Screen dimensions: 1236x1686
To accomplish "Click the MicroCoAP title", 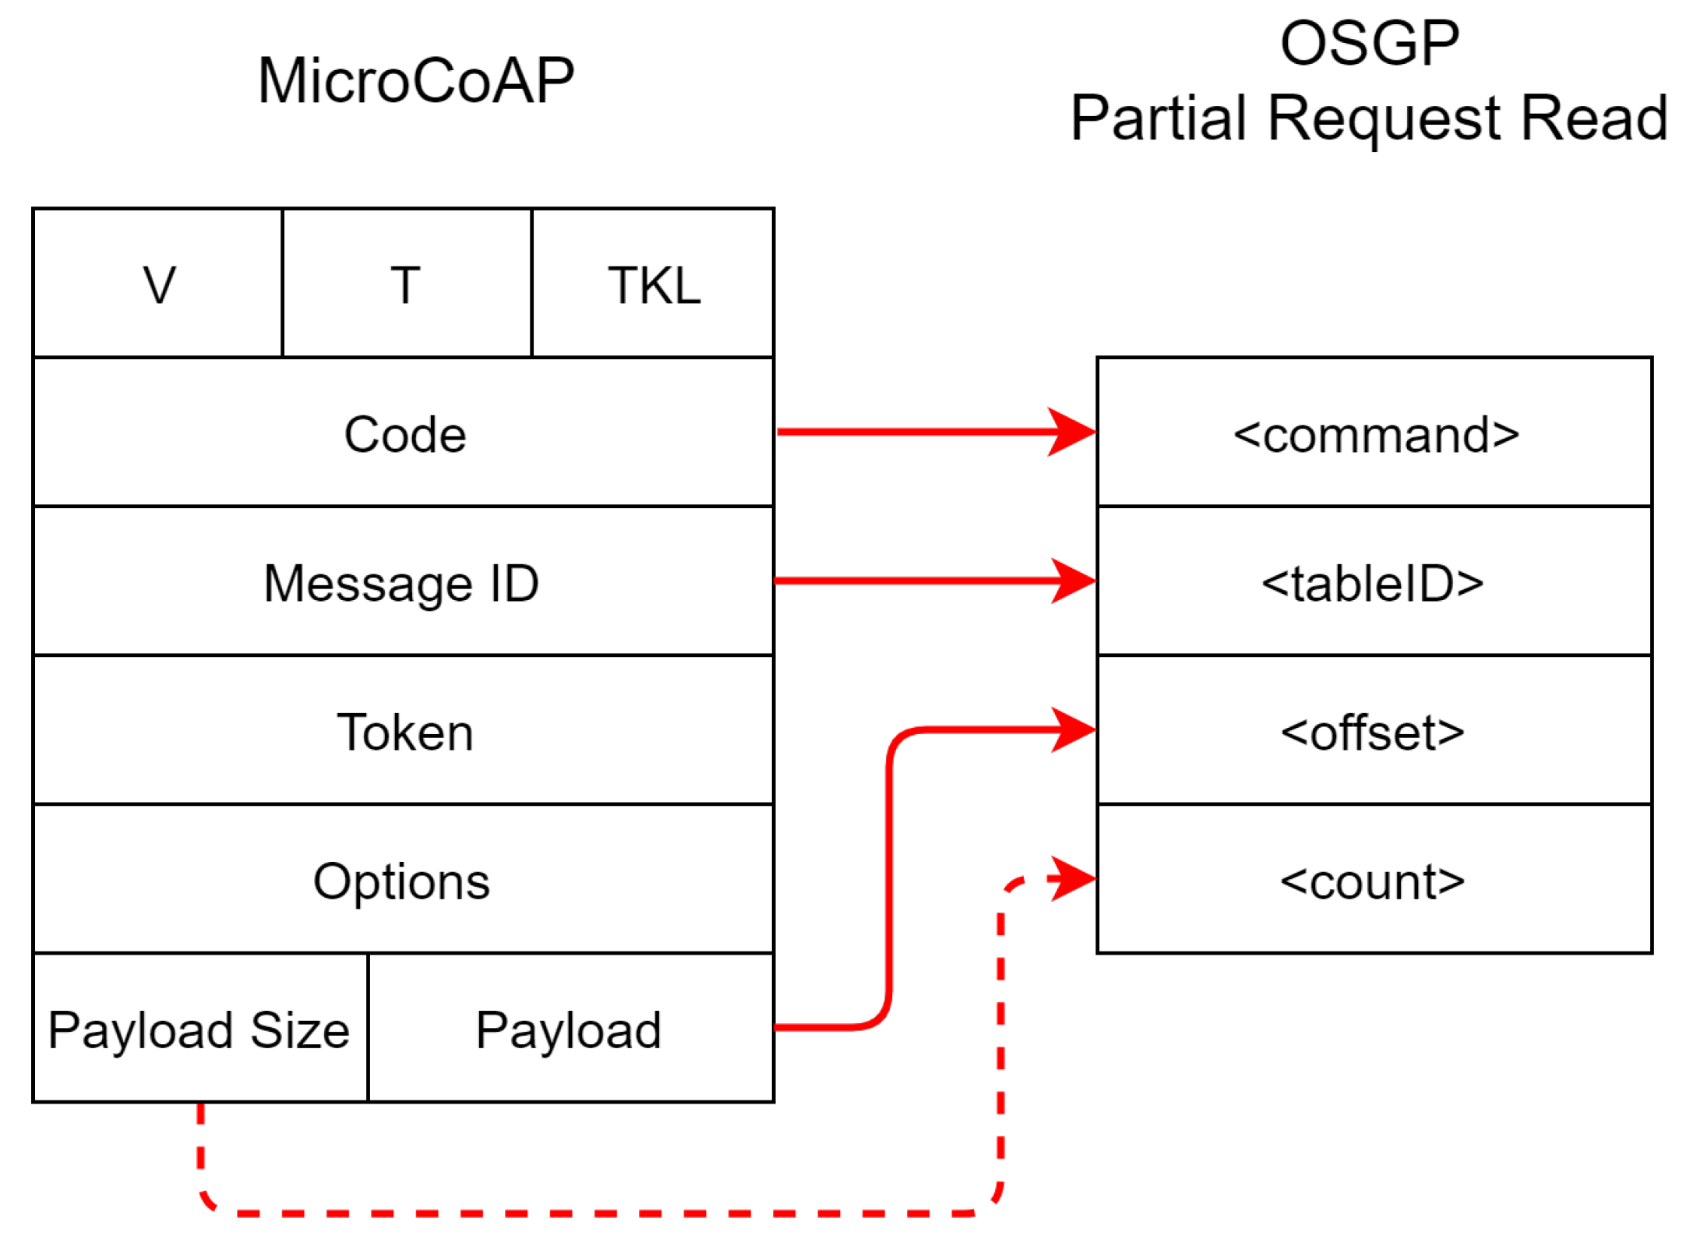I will [x=415, y=81].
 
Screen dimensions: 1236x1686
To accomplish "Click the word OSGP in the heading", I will [x=1368, y=44].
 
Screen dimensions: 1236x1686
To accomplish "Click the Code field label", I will [x=404, y=434].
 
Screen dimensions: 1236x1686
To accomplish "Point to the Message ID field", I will [x=401, y=583].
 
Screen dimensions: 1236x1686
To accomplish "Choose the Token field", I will [x=404, y=732].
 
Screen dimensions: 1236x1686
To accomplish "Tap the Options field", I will [x=401, y=881].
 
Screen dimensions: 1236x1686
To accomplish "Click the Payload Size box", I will [x=199, y=1029].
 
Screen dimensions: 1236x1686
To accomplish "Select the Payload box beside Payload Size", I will [x=569, y=1029].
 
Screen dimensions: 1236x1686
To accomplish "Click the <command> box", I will [x=1374, y=434].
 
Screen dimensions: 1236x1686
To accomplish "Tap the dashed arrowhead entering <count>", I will [x=1072, y=878].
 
